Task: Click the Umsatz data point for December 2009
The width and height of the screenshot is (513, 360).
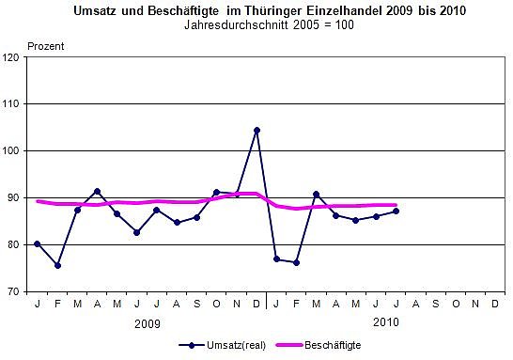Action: tap(256, 130)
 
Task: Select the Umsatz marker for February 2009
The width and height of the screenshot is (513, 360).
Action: tap(58, 265)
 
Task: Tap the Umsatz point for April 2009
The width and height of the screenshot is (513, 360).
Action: tap(98, 191)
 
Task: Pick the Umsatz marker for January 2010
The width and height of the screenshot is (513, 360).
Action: tap(276, 258)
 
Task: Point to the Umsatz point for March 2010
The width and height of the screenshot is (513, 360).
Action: tap(316, 194)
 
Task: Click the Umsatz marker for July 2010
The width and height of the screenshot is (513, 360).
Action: tap(396, 211)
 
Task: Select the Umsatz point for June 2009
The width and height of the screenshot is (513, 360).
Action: tap(137, 232)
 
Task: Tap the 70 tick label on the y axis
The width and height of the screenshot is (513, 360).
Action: tap(14, 291)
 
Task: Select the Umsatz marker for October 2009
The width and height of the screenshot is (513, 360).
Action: tap(217, 192)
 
